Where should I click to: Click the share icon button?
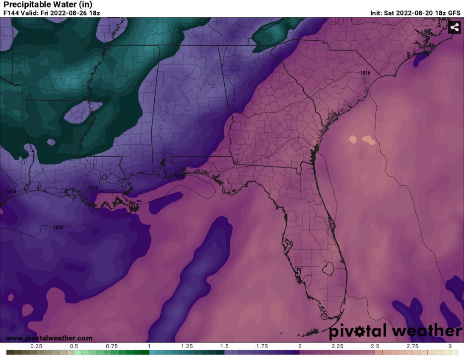coord(455,27)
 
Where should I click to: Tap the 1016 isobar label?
coord(365,73)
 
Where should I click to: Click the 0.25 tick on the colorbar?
coord(36,346)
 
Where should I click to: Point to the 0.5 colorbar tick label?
coord(73,346)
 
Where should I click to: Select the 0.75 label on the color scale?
coord(111,346)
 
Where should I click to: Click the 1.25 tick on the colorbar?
coord(187,346)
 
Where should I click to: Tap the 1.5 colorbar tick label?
coord(224,346)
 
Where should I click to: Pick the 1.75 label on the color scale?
coord(262,346)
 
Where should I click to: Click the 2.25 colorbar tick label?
coord(337,346)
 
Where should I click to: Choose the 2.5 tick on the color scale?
coord(375,346)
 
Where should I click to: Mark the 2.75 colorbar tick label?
coord(412,346)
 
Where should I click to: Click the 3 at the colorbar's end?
coord(450,346)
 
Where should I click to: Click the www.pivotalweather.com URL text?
coord(49,338)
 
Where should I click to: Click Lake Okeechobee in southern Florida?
coord(326,269)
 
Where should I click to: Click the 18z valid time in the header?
coord(94,13)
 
